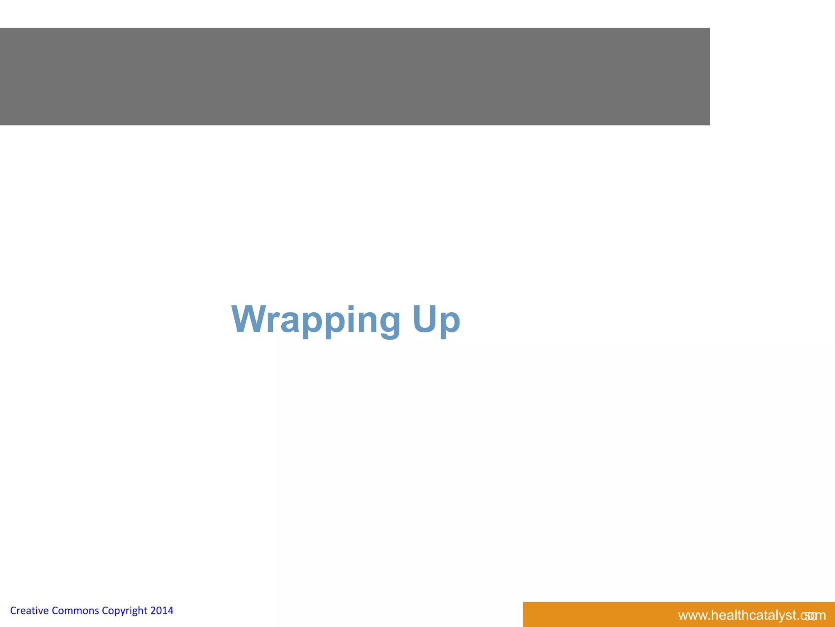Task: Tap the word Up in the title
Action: [x=436, y=320]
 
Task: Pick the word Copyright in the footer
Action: [x=124, y=611]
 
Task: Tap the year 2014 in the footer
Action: [x=162, y=611]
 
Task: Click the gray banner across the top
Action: [x=355, y=76]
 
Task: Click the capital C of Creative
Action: [x=13, y=611]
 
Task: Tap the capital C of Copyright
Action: [x=105, y=611]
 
